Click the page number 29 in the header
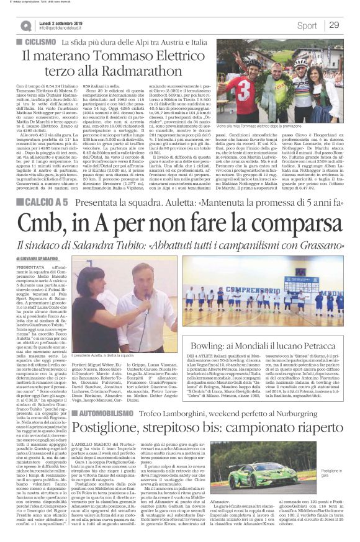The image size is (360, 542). (x=334, y=25)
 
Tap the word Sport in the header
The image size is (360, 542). (x=307, y=25)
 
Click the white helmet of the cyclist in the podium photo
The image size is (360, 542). (x=300, y=63)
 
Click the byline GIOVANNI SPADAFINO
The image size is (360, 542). (x=43, y=258)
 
